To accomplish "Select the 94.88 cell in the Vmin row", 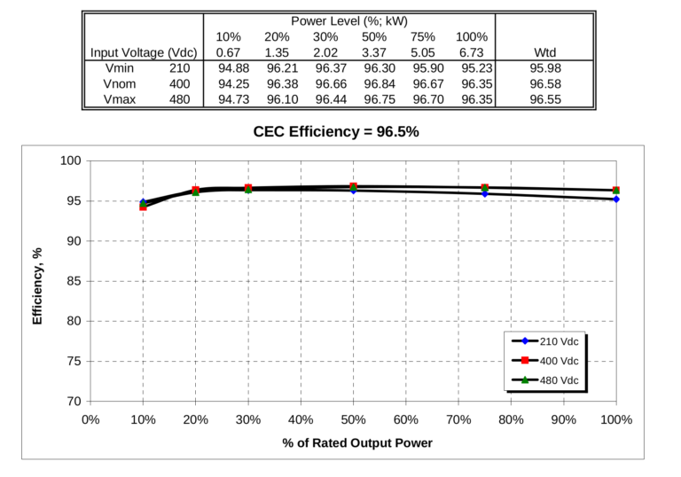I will (x=231, y=67).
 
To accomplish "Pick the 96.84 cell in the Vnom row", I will (x=379, y=83).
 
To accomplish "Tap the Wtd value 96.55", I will (x=544, y=99).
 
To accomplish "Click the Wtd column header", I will (x=544, y=51).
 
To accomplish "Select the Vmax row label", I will (x=120, y=99).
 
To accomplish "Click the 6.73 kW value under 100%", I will (x=471, y=51).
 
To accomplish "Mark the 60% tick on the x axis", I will (x=405, y=419).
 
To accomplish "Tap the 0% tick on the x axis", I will (x=90, y=419).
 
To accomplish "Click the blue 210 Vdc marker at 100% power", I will (x=615, y=199).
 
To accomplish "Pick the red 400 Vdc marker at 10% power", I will (x=143, y=207).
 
